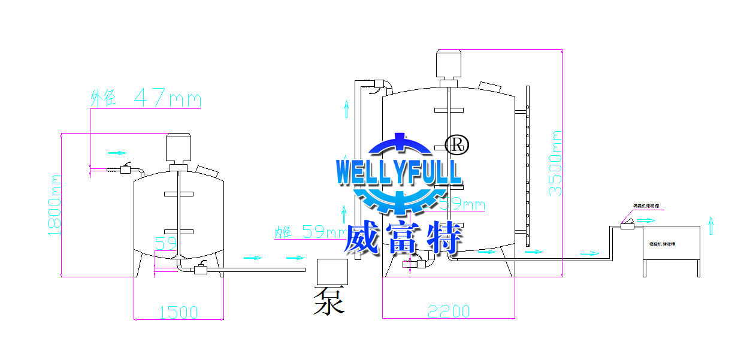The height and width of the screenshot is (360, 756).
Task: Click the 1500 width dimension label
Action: coord(178,312)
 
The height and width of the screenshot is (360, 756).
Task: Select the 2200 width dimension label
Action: coord(449,311)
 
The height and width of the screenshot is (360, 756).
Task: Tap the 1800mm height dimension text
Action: coord(56,204)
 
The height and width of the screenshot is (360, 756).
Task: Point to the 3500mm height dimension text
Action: coord(555,163)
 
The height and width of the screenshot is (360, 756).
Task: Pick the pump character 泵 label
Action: coord(329,300)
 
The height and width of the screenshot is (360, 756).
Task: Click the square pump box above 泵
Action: coord(332,271)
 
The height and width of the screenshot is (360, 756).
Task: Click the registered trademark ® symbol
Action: coord(457,144)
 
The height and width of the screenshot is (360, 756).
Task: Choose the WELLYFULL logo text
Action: coord(399,171)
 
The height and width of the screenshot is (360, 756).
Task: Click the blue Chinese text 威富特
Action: coord(403,238)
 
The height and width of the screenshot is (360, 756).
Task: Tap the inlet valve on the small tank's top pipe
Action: coord(126,170)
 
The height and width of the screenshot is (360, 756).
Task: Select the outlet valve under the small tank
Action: coord(200,270)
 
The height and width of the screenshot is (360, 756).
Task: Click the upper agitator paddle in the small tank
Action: coord(179,193)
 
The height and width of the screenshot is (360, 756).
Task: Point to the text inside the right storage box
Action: coord(662,244)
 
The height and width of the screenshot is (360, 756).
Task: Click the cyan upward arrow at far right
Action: coord(710,225)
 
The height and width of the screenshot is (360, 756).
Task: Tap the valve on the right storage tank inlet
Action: coord(628,225)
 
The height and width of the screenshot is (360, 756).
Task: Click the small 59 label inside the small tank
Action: coord(165,243)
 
